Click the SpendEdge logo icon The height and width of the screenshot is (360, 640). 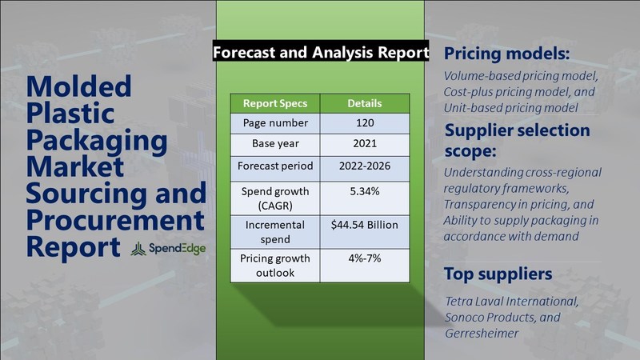(x=138, y=249)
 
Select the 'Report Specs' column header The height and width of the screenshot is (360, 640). (x=275, y=103)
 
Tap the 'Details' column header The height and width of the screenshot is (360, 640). (x=365, y=103)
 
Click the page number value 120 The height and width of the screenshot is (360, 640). (x=365, y=123)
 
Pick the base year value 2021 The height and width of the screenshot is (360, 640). (x=365, y=144)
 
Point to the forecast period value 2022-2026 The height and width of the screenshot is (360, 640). (x=365, y=166)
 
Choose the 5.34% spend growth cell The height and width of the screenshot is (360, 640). (x=365, y=191)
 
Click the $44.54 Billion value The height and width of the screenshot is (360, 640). (x=365, y=225)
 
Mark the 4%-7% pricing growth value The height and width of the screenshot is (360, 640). (x=365, y=258)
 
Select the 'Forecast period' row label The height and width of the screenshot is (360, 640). (x=275, y=166)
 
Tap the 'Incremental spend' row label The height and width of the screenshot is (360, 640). (x=275, y=232)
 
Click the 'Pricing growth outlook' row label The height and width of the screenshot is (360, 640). (x=275, y=266)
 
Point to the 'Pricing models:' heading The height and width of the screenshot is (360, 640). (x=506, y=54)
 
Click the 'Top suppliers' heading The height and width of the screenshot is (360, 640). (x=498, y=274)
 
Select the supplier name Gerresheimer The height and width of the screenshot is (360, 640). (x=482, y=334)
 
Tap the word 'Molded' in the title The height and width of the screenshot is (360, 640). (x=78, y=86)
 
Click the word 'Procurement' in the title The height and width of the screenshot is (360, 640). (x=115, y=221)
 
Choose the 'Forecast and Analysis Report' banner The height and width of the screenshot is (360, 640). (x=321, y=52)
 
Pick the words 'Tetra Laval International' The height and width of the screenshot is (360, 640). (x=511, y=302)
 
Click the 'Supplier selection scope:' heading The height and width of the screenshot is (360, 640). (x=517, y=140)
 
